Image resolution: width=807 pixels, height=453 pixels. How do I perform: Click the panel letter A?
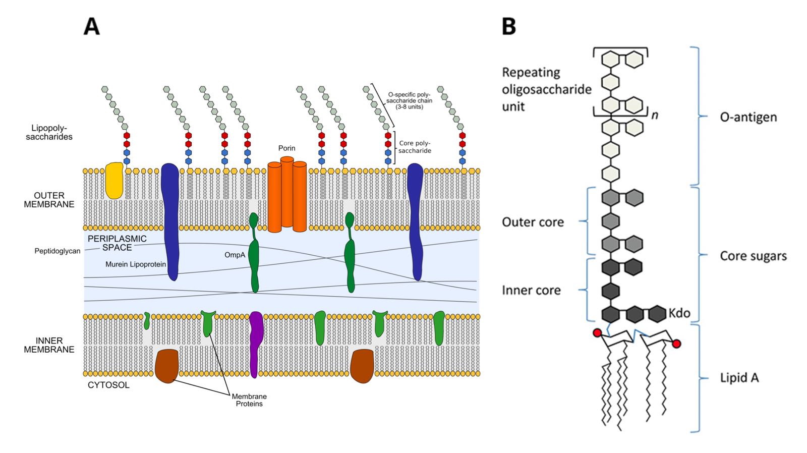pos(91,26)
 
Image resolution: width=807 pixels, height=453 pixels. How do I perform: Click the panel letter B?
pos(509,26)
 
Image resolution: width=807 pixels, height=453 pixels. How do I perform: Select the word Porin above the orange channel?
pos(286,148)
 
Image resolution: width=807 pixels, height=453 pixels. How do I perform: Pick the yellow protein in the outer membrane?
pos(114,180)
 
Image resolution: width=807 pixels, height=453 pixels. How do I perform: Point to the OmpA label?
pos(235,255)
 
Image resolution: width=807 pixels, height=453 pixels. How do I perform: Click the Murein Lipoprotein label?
pos(136,264)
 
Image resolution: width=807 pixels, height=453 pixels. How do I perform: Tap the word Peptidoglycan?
pos(57,251)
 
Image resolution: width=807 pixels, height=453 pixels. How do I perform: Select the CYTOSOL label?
pos(108,385)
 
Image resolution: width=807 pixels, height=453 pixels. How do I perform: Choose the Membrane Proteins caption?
pos(249,400)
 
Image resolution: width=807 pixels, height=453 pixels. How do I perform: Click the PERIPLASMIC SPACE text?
pos(117,243)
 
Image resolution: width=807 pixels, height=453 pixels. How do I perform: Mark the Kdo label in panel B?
pos(679,313)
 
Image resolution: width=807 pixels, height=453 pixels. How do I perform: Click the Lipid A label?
pos(739,378)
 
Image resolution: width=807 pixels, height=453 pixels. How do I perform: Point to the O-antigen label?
pos(748,118)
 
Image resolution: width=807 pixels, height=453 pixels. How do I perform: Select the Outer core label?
pos(533,222)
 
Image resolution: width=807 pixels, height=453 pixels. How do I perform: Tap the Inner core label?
pos(531,291)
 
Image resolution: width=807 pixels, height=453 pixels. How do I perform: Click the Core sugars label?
pos(753,256)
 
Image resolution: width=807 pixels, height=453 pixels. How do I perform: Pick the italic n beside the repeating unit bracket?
pos(655,116)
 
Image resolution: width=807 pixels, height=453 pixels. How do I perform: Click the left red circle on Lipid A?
pos(597,333)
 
